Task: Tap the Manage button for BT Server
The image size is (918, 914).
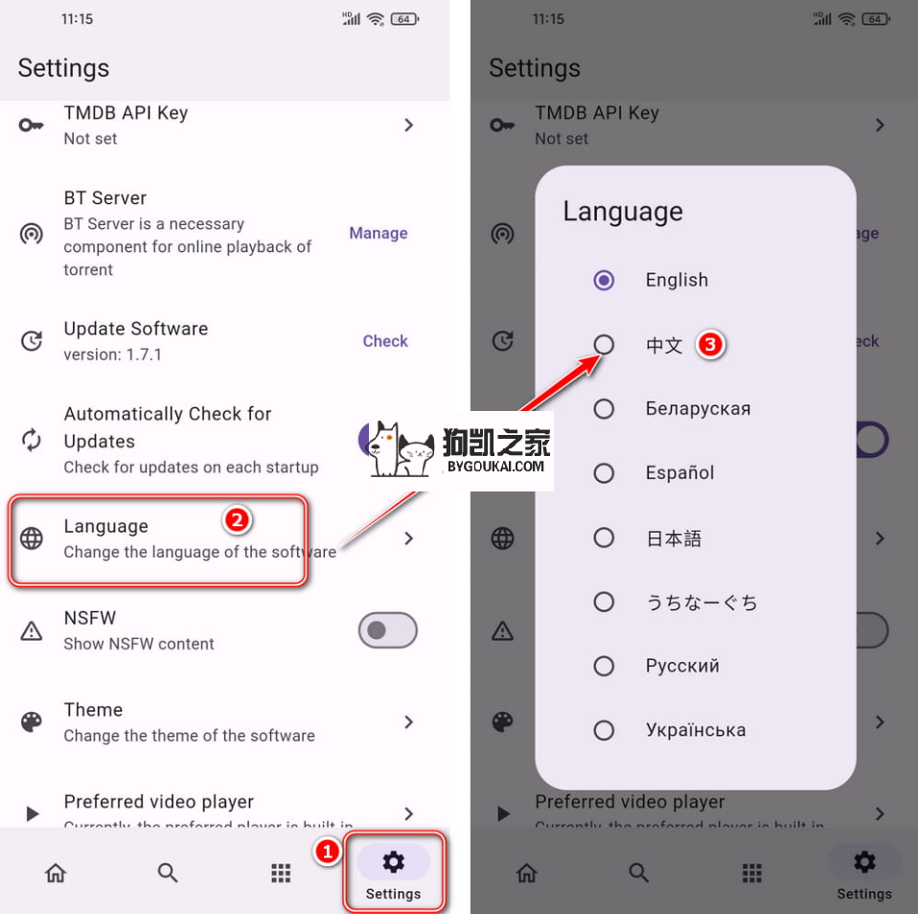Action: point(378,233)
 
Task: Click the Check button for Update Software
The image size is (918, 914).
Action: point(384,341)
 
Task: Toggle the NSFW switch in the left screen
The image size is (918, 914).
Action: point(387,630)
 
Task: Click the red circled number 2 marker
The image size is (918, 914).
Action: point(238,520)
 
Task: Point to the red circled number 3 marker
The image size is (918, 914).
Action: point(709,345)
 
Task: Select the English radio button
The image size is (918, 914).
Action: point(604,280)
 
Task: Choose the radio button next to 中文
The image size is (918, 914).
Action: point(604,344)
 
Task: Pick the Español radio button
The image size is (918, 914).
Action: point(604,472)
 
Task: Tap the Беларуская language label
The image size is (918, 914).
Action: point(698,409)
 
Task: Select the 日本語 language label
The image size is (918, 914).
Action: point(674,538)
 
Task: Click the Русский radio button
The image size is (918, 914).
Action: point(604,666)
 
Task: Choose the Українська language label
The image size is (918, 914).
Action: point(695,730)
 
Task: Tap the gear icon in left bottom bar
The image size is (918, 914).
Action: point(393,862)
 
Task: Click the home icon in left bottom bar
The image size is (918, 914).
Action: point(56,873)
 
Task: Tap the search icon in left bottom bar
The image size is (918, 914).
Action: point(168,873)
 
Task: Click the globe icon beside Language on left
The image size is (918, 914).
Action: point(32,538)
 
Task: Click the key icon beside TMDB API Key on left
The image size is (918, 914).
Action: point(32,126)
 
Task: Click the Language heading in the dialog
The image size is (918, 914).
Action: point(623,212)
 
